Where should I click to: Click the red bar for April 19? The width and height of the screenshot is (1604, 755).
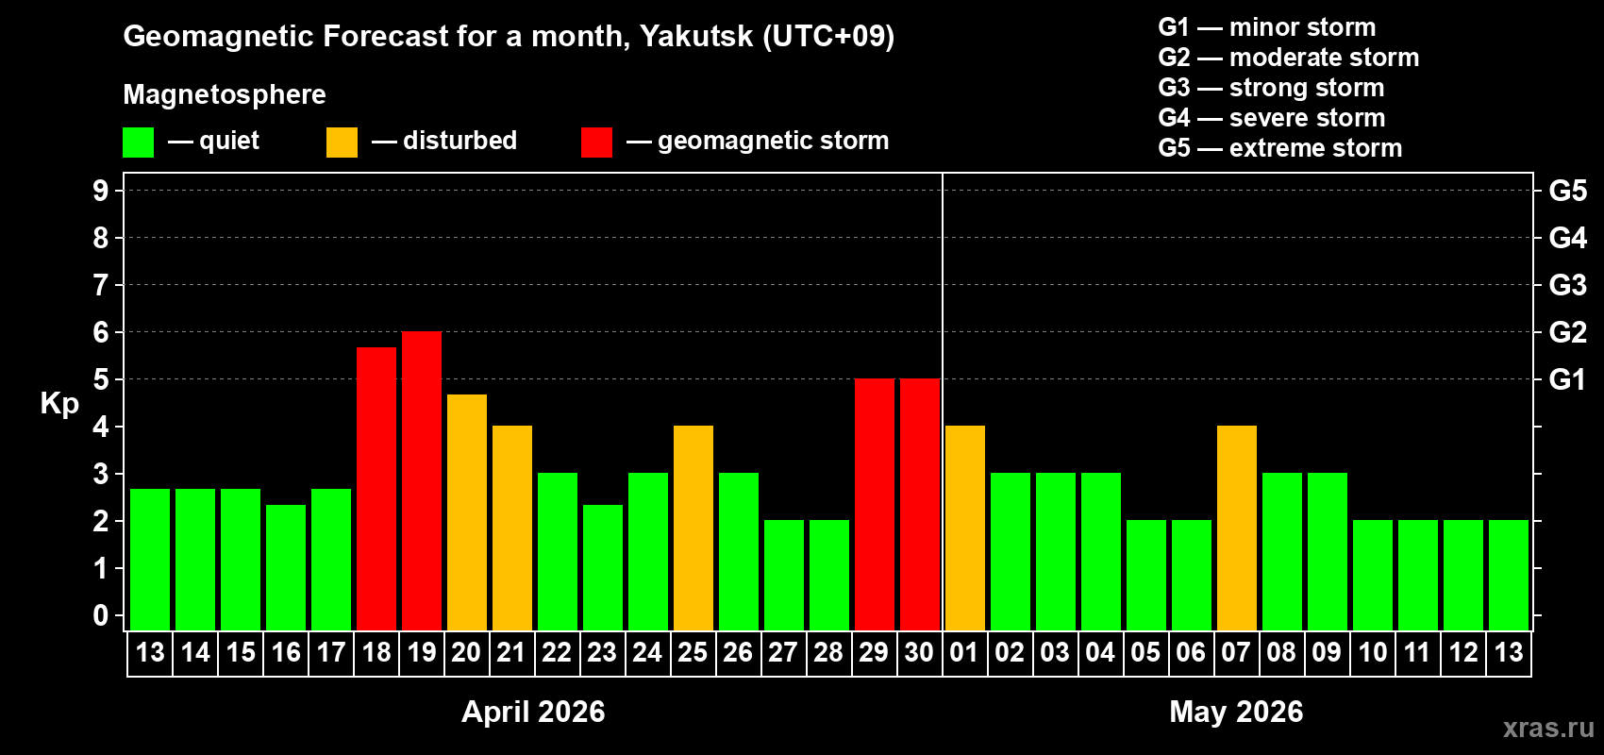coord(422,480)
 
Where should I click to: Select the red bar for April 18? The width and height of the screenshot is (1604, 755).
coord(376,488)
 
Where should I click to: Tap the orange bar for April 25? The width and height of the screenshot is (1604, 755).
coord(693,528)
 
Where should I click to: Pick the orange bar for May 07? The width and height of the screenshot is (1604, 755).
coord(1237,528)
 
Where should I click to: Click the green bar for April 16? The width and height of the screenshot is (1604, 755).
coord(286,567)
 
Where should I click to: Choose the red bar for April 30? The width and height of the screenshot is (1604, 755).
coord(920,504)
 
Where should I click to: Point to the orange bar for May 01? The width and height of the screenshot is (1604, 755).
coord(965,528)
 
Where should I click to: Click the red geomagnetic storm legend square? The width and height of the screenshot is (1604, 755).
coord(596,143)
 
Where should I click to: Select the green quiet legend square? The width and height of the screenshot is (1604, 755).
coord(139,143)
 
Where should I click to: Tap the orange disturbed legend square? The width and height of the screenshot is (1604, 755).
coord(342,143)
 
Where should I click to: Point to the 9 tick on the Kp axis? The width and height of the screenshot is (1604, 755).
coord(101,191)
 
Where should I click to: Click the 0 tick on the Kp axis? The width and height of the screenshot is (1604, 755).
coord(101,615)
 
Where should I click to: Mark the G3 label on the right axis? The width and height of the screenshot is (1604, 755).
coord(1567,285)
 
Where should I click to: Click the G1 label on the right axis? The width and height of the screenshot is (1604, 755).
coord(1567,379)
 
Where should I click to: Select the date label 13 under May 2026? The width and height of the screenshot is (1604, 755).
coord(1509,652)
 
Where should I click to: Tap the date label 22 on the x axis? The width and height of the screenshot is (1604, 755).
coord(557,652)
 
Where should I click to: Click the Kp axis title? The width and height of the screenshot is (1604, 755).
coord(59,403)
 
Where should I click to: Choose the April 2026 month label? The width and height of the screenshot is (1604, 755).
coord(533,712)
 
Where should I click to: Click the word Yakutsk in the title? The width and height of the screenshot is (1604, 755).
coord(696,36)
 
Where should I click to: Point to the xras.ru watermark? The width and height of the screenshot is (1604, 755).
coord(1548,728)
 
